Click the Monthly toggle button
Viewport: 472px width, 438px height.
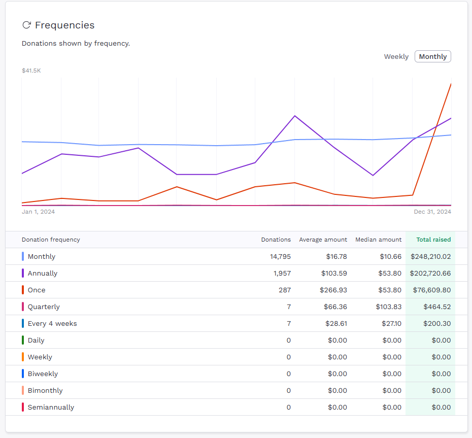432,56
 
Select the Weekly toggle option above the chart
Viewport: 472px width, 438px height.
396,56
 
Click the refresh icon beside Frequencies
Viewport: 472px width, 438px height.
27,25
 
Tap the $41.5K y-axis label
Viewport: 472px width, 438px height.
31,71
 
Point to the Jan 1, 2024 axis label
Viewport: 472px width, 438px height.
38,212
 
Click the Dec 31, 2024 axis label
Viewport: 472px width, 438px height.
431,212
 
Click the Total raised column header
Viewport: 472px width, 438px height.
433,240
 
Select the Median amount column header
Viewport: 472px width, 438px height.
378,240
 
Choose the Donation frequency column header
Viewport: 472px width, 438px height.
51,240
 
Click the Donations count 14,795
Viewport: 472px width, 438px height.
280,257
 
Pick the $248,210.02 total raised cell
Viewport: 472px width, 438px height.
430,257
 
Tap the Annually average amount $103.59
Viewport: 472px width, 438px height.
334,274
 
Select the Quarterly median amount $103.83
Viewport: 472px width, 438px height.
388,307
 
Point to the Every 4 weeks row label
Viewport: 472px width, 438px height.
52,324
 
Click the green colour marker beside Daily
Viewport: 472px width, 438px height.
23,340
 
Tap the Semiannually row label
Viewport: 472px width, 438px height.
51,408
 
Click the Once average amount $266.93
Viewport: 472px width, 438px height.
333,290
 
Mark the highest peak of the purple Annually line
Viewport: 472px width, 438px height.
295,116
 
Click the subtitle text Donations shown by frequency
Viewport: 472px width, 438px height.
76,44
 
